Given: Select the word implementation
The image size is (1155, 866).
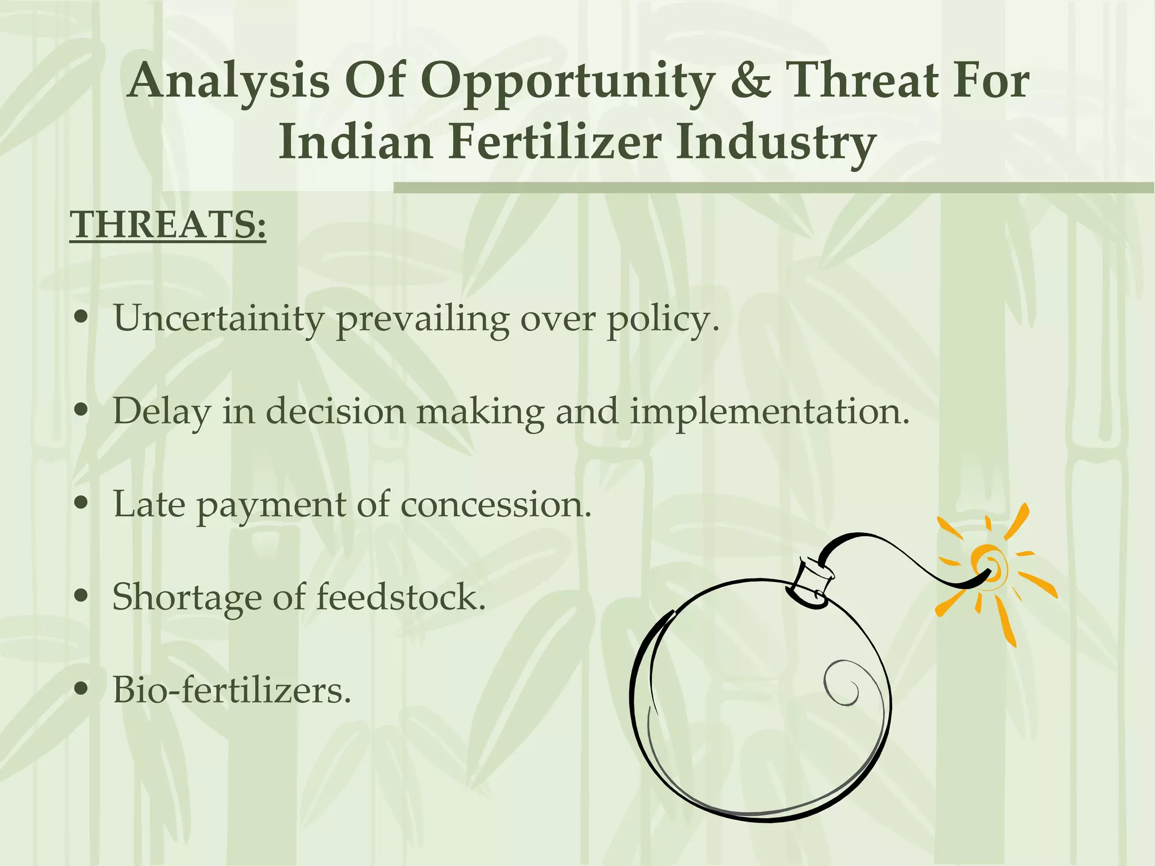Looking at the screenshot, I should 769,412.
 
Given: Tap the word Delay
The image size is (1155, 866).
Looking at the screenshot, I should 161,412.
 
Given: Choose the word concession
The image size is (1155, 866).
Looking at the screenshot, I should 496,504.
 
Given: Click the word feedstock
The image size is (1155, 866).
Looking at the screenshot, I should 400,597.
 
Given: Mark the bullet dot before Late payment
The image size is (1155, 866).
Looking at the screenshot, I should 82,503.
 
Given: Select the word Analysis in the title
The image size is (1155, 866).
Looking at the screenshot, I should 229,81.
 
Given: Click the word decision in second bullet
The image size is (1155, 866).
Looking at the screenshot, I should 336,412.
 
